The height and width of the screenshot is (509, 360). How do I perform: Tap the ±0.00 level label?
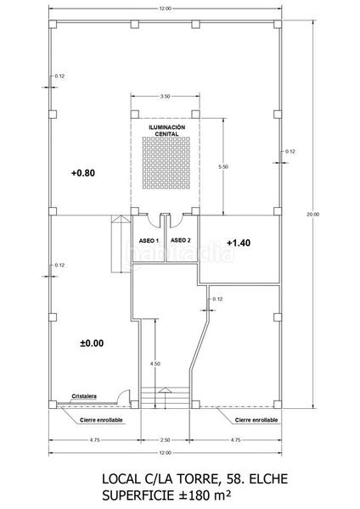90,344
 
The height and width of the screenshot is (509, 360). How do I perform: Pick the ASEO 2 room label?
181,241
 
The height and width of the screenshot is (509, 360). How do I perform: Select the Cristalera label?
85,394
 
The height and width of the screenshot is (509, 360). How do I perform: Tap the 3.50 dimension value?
165,97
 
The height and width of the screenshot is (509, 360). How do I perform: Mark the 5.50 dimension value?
222,167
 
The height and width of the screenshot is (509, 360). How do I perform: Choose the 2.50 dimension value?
165,440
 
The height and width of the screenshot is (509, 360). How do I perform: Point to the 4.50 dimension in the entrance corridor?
154,363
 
